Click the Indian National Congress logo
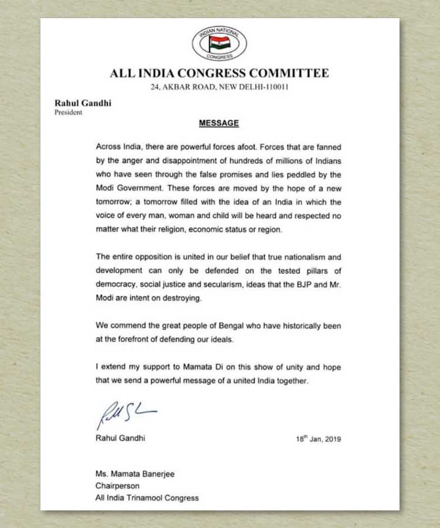pyautogui.click(x=219, y=43)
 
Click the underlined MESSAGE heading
pyautogui.click(x=219, y=123)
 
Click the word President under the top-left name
pyautogui.click(x=68, y=113)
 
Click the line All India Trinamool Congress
pyautogui.click(x=147, y=497)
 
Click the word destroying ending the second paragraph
pyautogui.click(x=181, y=298)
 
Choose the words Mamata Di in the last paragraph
pyautogui.click(x=198, y=367)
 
